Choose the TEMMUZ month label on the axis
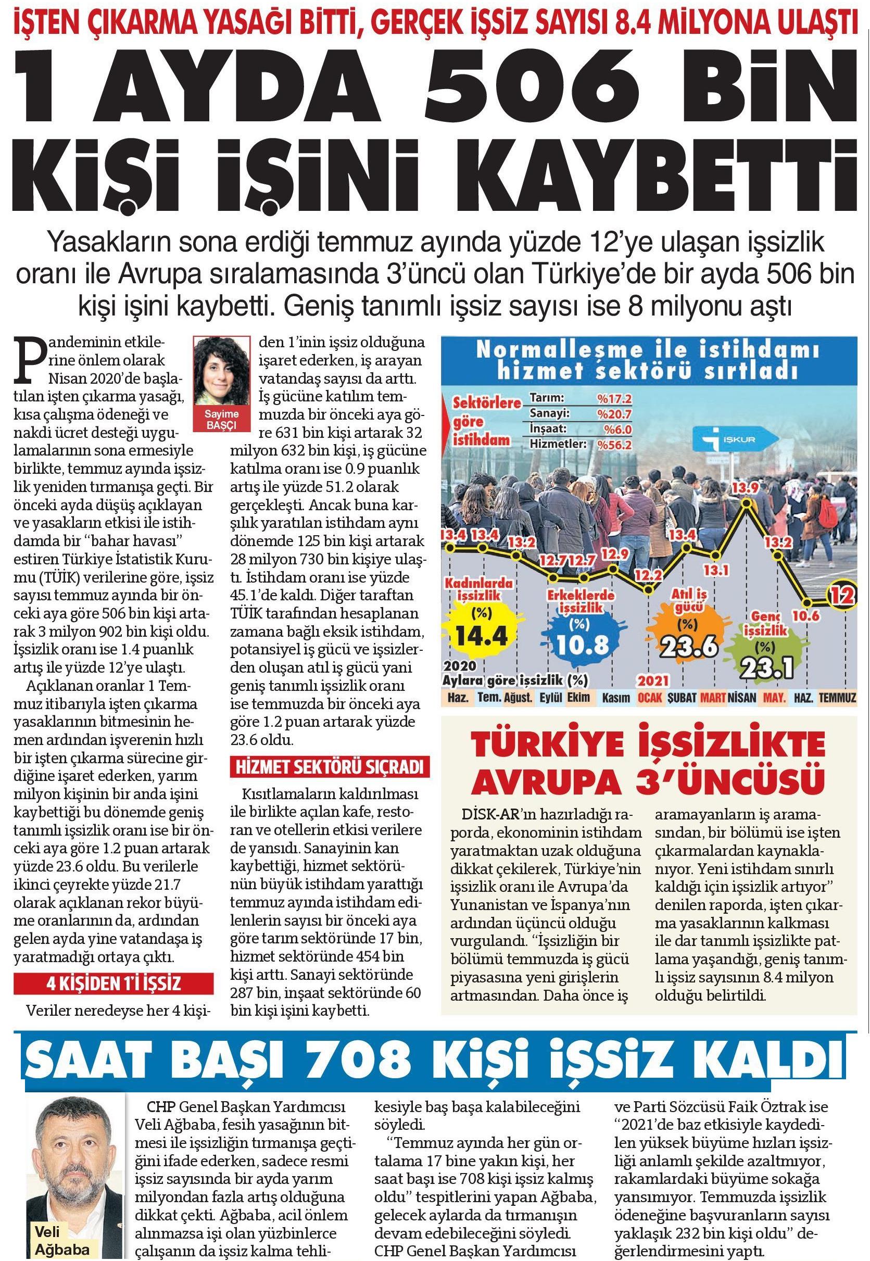[838, 698]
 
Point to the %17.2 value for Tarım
[614, 399]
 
